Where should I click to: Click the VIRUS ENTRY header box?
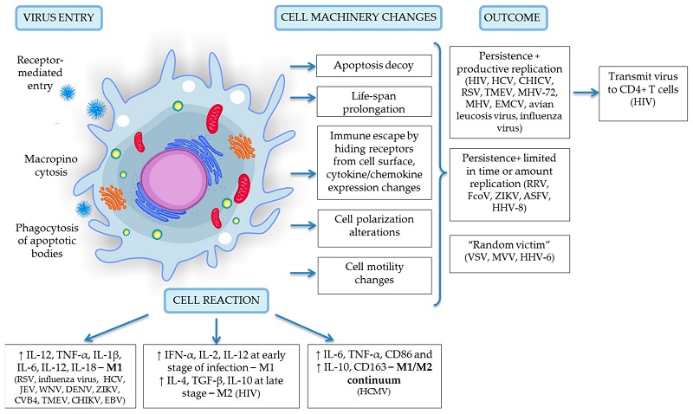click(x=59, y=18)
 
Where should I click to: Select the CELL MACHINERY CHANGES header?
click(x=358, y=18)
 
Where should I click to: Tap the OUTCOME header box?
click(x=512, y=18)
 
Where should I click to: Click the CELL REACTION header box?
click(x=216, y=301)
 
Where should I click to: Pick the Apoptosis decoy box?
click(x=374, y=66)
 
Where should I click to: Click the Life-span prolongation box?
click(x=374, y=101)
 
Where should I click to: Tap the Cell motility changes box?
click(x=374, y=275)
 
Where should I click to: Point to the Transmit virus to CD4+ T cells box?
click(x=643, y=94)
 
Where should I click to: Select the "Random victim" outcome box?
click(x=509, y=254)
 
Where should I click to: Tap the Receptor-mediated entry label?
click(x=40, y=73)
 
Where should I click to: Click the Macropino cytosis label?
click(x=51, y=165)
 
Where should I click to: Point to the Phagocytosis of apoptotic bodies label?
click(x=47, y=241)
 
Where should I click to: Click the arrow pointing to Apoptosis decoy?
click(x=302, y=67)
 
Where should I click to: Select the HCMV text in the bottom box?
click(x=374, y=391)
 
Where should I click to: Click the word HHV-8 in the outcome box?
click(x=509, y=207)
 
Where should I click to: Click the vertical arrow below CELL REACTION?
click(x=216, y=330)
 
